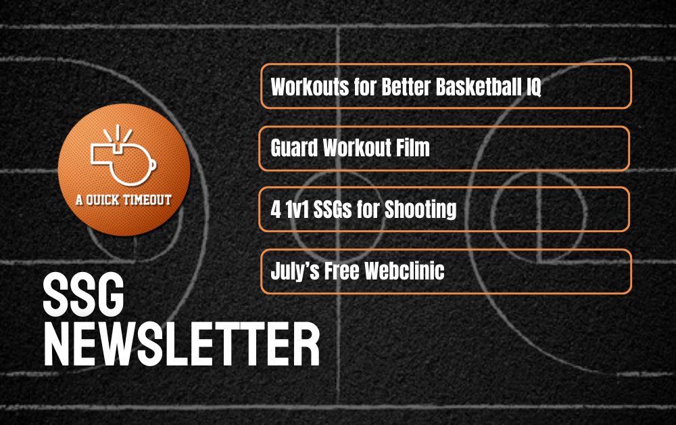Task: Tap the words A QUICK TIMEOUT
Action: [124, 200]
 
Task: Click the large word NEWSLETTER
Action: [181, 344]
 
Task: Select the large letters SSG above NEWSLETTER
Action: [84, 294]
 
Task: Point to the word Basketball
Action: [478, 87]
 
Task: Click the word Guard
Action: [294, 148]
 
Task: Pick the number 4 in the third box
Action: [276, 210]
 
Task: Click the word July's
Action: [295, 271]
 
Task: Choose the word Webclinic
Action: [404, 271]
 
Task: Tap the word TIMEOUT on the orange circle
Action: [147, 200]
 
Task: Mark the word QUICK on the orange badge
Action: [102, 200]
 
